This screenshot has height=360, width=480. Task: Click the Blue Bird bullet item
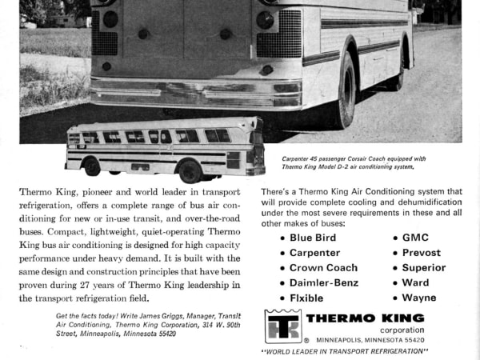pyautogui.click(x=313, y=238)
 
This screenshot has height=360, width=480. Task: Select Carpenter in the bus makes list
pyautogui.click(x=314, y=253)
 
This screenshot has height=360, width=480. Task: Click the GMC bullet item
pyautogui.click(x=415, y=238)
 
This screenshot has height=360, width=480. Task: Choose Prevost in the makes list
pyautogui.click(x=421, y=253)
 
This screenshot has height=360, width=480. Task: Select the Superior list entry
pyautogui.click(x=423, y=268)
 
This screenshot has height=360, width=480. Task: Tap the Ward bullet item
pyautogui.click(x=415, y=282)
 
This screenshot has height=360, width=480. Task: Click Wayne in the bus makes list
pyautogui.click(x=419, y=298)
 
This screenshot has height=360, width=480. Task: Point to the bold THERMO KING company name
pyautogui.click(x=365, y=318)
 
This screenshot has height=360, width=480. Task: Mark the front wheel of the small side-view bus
pyautogui.click(x=92, y=166)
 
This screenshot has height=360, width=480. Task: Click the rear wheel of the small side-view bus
pyautogui.click(x=190, y=170)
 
